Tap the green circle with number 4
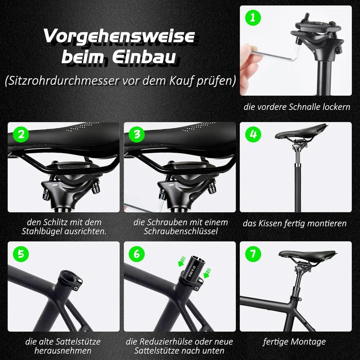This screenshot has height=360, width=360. (x=253, y=135)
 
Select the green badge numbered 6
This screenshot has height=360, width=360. (x=136, y=253)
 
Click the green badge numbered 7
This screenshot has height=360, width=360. (x=253, y=253)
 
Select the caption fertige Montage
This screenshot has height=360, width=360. (x=294, y=341)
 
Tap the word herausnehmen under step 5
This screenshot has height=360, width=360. (x=63, y=350)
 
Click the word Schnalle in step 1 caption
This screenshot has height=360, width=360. (x=309, y=107)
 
